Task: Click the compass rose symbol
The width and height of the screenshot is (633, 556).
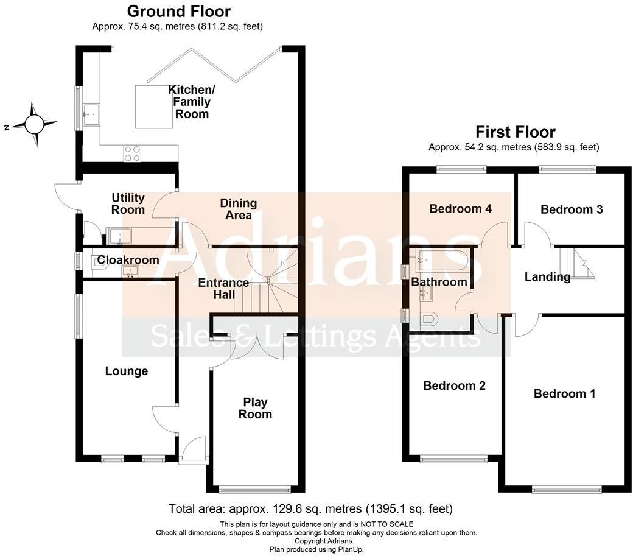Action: [x=34, y=124]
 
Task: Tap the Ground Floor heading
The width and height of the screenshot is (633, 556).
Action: [x=178, y=11]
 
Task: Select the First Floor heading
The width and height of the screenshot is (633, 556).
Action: [x=515, y=132]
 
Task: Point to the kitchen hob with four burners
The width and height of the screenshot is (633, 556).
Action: [x=132, y=152]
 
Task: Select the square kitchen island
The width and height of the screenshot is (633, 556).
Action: [x=153, y=108]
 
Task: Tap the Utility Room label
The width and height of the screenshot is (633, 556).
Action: [x=128, y=203]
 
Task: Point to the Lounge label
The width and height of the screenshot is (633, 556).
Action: [x=126, y=371]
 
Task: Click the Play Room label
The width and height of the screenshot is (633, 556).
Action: [x=255, y=408]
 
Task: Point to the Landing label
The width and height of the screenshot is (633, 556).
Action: [x=547, y=277]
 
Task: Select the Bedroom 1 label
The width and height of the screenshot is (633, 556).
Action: [x=564, y=393]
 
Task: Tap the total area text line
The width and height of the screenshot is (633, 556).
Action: [x=310, y=508]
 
